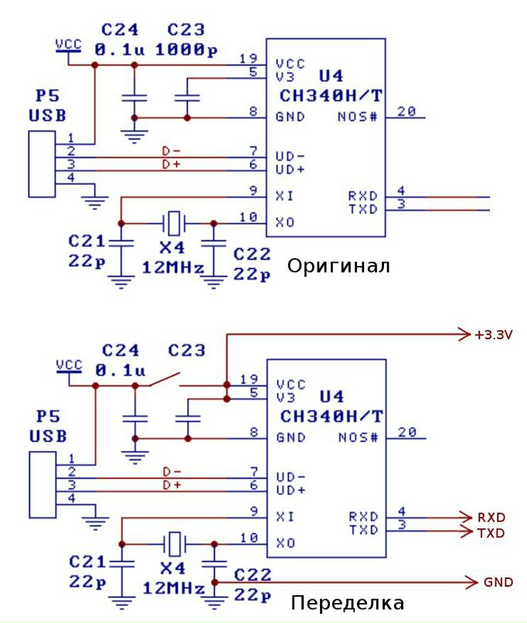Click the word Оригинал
(x=338, y=267)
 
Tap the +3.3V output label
(x=494, y=335)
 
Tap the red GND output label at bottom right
(x=498, y=582)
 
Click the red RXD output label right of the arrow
(x=491, y=517)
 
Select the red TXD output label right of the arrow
(x=491, y=533)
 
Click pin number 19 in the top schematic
(x=247, y=58)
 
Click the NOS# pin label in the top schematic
(x=358, y=117)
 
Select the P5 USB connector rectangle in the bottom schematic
(x=41, y=485)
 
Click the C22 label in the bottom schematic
(x=251, y=574)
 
